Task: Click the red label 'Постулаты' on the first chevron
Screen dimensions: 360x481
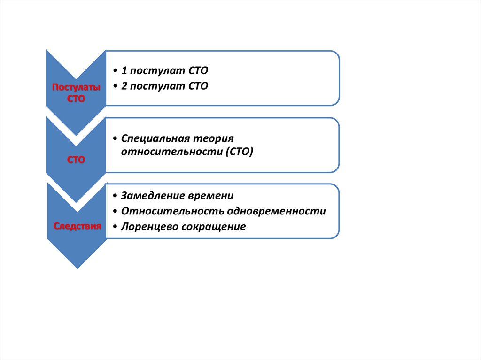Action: point(76,87)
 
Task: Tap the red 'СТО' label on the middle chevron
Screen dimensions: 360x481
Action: point(76,160)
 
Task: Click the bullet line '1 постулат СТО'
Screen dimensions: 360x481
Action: point(164,71)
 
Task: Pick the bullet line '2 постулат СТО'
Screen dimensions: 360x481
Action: point(164,86)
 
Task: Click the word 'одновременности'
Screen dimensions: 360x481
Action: point(272,211)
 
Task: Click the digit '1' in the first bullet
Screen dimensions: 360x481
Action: point(124,71)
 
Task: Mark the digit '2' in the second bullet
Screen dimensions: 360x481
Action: point(124,86)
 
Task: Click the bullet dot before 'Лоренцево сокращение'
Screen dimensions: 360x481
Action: point(115,227)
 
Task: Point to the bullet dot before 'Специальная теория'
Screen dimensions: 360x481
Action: point(115,139)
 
